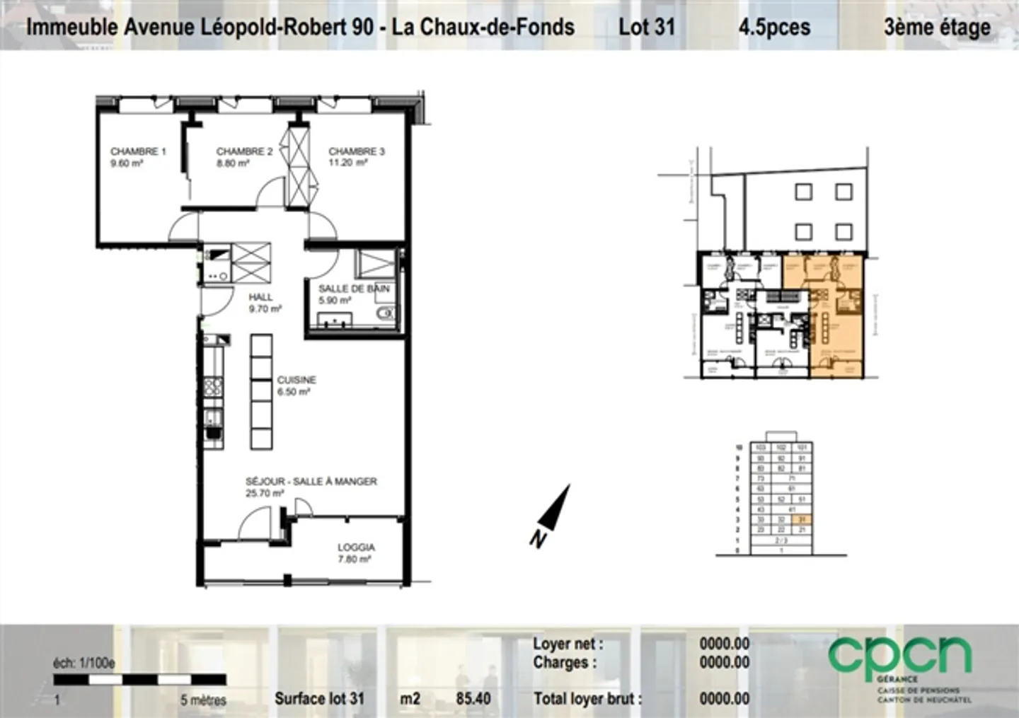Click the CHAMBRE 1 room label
138,151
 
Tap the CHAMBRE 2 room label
244,151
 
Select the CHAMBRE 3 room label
357,151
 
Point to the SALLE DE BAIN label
353,289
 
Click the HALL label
260,297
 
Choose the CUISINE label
297,380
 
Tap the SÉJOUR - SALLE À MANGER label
311,481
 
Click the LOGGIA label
356,547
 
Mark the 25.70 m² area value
265,493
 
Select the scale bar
140,680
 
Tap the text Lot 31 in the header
646,27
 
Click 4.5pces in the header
774,27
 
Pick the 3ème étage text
936,27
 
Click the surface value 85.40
473,699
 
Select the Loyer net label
568,644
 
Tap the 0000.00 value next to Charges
724,662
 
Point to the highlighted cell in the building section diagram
802,519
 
